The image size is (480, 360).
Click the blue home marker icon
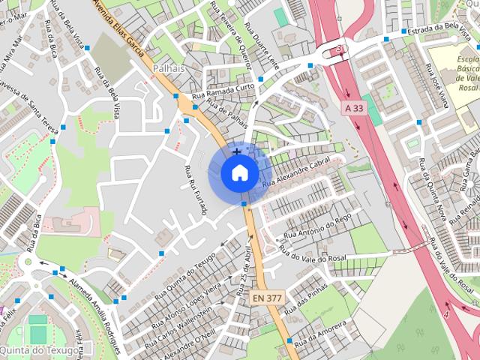[x=238, y=172]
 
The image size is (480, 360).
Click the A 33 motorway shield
[x=354, y=108]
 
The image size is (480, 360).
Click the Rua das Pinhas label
[x=307, y=299]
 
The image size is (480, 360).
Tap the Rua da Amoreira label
[x=320, y=335]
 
